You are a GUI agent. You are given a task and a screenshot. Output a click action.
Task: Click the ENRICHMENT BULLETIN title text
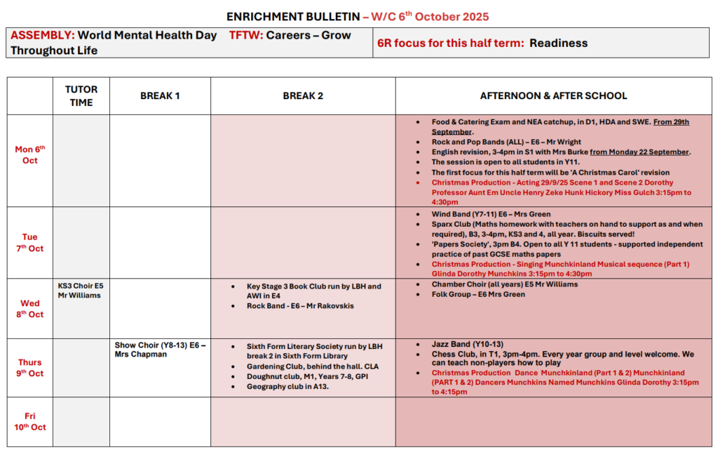[x=293, y=16]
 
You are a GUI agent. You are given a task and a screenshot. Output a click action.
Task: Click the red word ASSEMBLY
[x=42, y=35]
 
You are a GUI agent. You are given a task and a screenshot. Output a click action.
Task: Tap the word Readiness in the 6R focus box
[x=558, y=43]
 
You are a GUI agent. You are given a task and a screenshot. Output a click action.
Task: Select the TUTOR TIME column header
[x=81, y=96]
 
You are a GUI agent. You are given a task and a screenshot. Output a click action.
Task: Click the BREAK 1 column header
[x=160, y=96]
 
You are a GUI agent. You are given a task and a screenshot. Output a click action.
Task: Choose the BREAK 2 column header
[x=303, y=96]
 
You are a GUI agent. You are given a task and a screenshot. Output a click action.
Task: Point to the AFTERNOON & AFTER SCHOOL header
[x=553, y=96]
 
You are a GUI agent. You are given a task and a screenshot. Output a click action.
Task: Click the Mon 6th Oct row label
[x=30, y=154]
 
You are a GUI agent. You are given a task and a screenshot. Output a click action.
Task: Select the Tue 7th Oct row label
[x=30, y=242]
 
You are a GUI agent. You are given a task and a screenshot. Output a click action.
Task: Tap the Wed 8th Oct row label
[x=30, y=309]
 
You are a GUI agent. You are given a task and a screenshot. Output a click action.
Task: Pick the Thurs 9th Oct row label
[x=30, y=368]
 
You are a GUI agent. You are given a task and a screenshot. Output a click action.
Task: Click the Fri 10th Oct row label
[x=30, y=421]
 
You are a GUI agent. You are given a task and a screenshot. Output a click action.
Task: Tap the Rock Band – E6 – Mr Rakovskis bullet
[x=300, y=306]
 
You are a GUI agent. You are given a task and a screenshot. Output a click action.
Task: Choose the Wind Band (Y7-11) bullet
[x=491, y=214]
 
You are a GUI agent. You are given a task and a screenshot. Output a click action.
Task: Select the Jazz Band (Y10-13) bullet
[x=467, y=344]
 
